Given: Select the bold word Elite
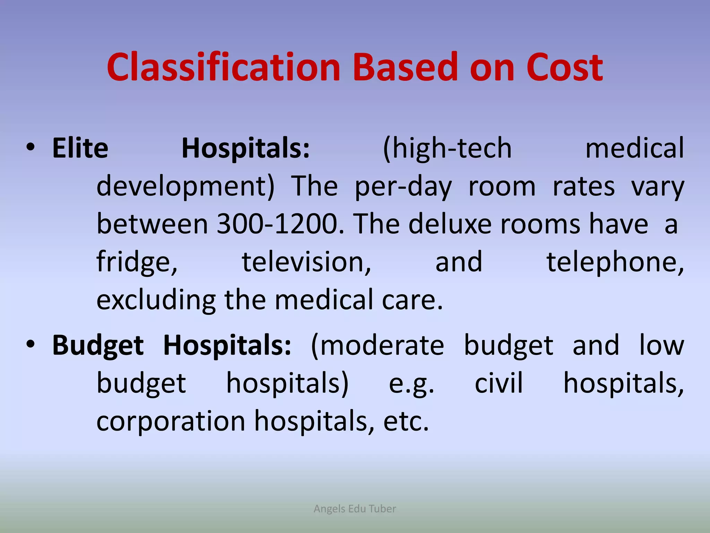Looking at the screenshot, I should [x=80, y=149].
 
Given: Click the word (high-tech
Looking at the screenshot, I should [x=447, y=149].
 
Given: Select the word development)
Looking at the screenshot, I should [x=185, y=187].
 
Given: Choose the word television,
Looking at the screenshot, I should [x=306, y=262].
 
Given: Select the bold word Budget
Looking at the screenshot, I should [x=98, y=346].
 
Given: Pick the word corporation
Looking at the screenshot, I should [x=171, y=421].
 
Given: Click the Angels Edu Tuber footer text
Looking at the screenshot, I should [x=355, y=509].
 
